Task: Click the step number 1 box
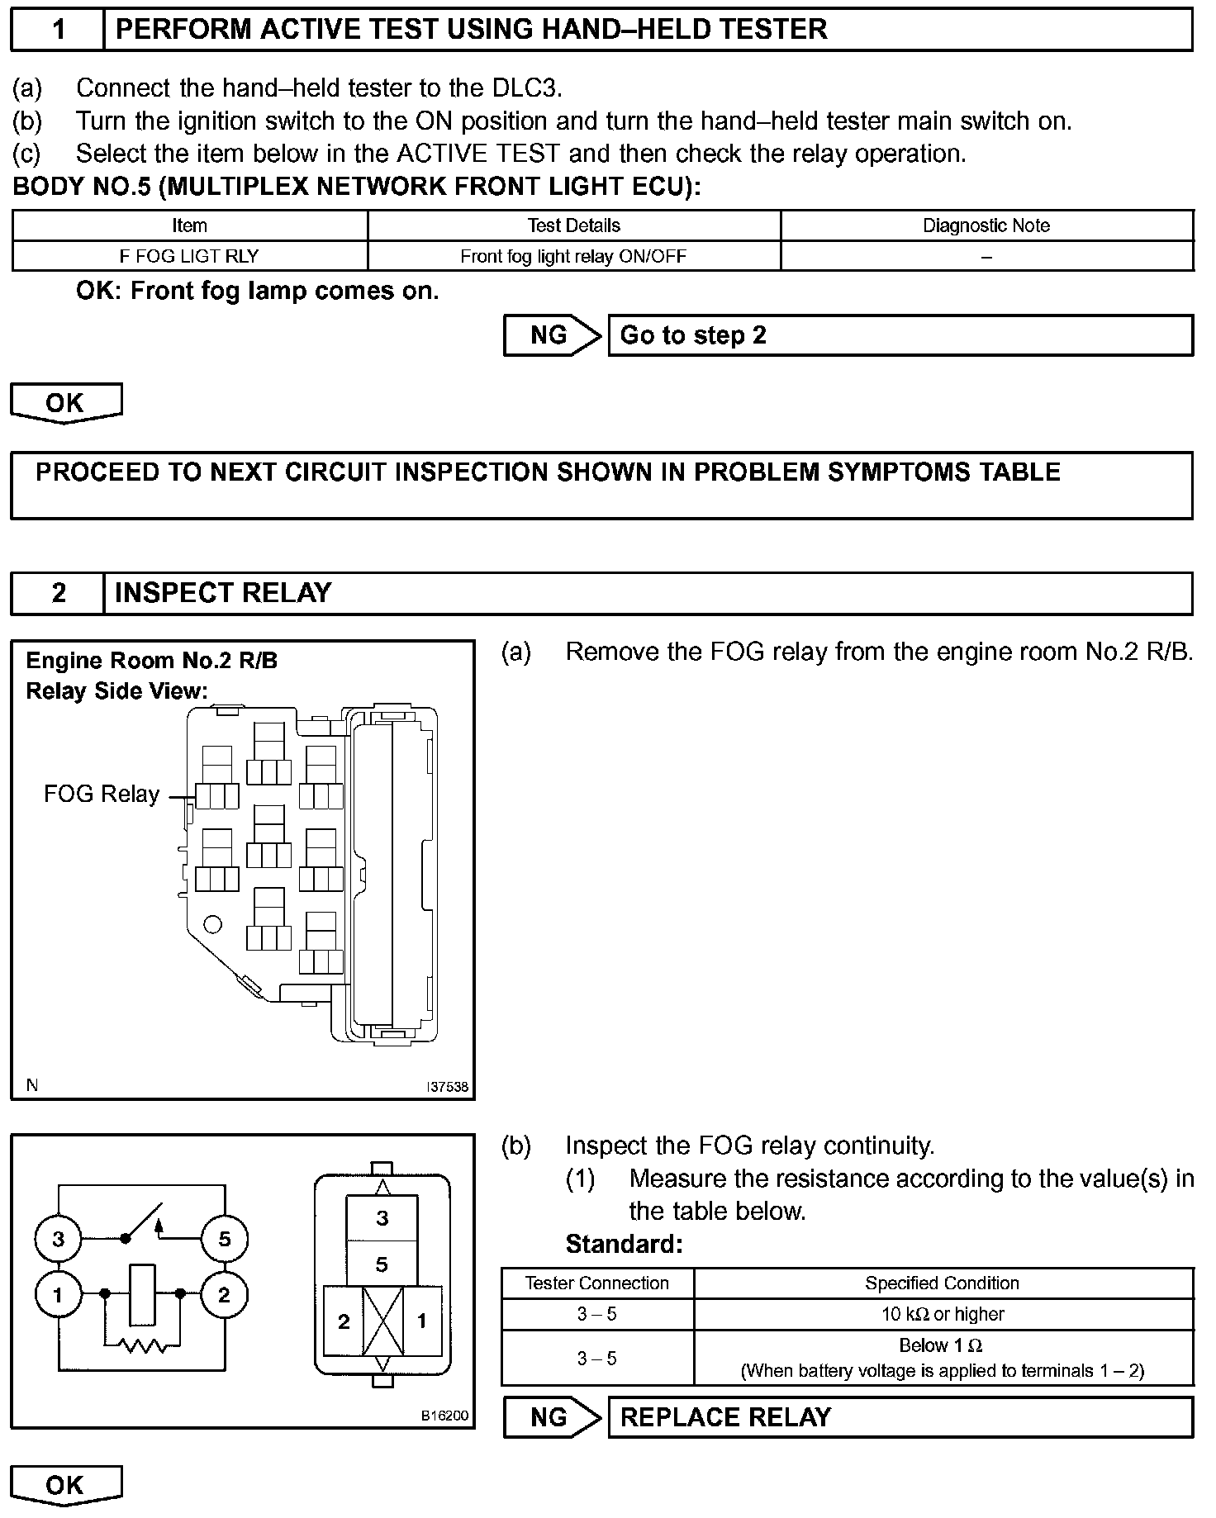click(x=58, y=30)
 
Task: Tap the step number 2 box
click(x=58, y=593)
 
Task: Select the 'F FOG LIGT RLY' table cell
click(x=189, y=256)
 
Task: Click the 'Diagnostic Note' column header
click(x=986, y=225)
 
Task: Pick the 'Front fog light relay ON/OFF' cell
click(x=573, y=256)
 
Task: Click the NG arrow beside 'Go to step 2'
click(x=551, y=335)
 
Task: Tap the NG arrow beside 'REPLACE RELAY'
click(x=551, y=1417)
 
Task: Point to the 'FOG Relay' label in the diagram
click(x=101, y=795)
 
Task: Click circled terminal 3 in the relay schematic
click(x=58, y=1239)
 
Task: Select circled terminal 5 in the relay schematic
click(x=224, y=1239)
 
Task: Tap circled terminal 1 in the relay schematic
click(x=58, y=1295)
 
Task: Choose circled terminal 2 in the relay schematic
click(x=224, y=1295)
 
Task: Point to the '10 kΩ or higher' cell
click(x=943, y=1314)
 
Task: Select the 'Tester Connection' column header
click(x=596, y=1283)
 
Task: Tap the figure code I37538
click(x=447, y=1087)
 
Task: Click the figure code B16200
click(x=445, y=1416)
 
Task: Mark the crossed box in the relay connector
click(x=382, y=1321)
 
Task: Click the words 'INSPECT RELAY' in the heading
click(x=223, y=593)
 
